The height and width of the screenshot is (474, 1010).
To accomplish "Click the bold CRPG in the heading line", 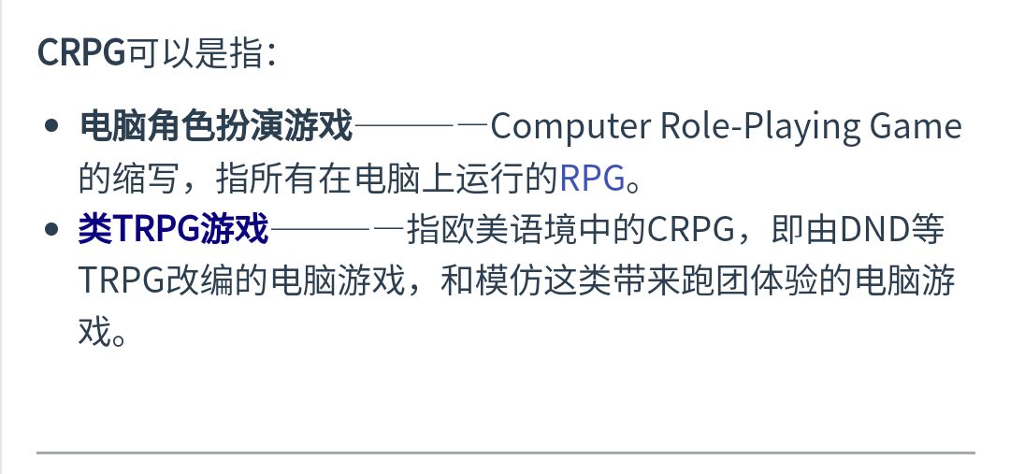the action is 80,53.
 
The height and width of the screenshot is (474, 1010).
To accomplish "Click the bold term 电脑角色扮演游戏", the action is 216,125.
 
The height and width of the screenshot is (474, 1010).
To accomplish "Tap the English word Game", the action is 916,125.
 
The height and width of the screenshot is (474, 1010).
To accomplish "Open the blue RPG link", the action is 591,177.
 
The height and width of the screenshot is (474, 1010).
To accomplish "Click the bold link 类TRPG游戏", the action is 174,228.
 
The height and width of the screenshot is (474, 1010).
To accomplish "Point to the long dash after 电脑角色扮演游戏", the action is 421,125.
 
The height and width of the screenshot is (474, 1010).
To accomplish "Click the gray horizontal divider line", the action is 505,453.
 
